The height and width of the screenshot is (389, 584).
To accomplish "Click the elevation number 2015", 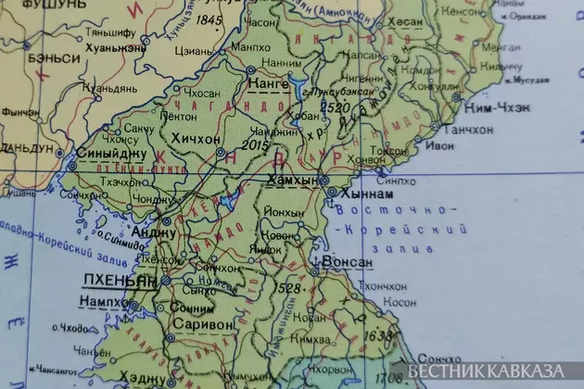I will tap(254, 144).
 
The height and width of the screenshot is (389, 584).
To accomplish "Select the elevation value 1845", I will tap(211, 19).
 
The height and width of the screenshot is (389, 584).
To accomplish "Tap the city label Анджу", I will tap(154, 232).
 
